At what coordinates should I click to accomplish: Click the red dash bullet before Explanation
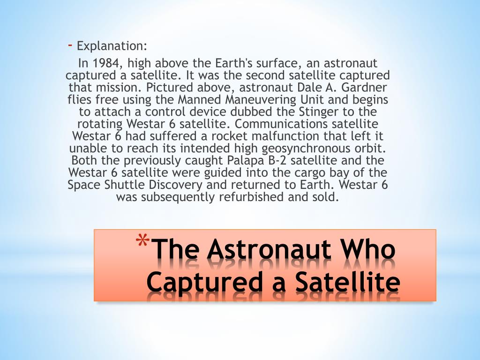[70, 45]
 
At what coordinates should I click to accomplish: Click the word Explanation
[112, 46]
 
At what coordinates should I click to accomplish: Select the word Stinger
[318, 112]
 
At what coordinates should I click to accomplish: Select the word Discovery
[176, 185]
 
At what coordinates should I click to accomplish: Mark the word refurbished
[252, 197]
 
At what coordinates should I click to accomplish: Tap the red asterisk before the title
[142, 240]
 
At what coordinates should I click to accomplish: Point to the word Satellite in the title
[347, 281]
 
